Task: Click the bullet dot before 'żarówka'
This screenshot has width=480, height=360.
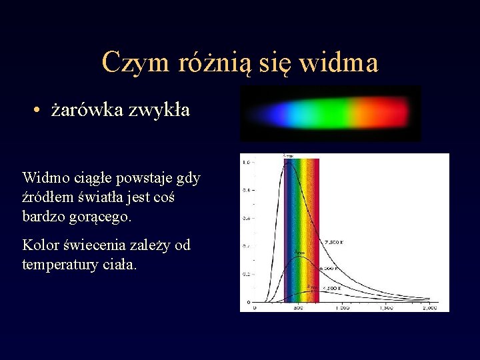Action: [x=40, y=111]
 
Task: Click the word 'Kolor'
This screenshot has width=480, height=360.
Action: [x=41, y=245]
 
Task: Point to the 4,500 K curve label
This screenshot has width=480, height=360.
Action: [x=331, y=288]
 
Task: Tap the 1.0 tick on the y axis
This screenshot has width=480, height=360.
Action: [x=247, y=162]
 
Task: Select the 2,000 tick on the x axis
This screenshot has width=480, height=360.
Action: [x=429, y=308]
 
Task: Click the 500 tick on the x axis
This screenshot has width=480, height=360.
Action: [x=298, y=308]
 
